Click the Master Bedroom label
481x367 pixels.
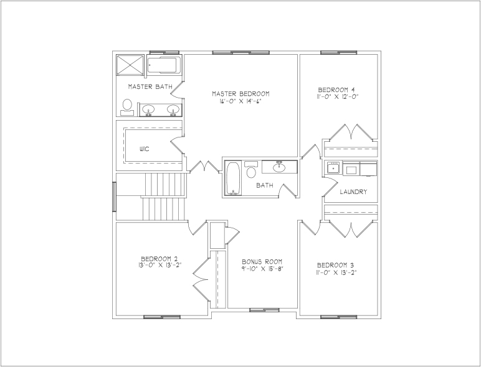point(240,93)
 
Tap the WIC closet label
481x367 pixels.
point(145,149)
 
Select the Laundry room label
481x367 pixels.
point(353,192)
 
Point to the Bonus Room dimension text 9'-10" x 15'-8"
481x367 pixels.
point(262,269)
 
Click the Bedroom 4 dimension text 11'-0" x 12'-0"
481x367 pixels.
point(338,96)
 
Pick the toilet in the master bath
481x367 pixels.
point(127,107)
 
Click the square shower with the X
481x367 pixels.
point(130,65)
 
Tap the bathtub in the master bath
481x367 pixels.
point(163,65)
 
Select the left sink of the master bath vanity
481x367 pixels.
point(148,110)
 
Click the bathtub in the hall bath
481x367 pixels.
point(233,179)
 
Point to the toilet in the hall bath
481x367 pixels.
point(251,169)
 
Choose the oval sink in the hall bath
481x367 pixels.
point(280,167)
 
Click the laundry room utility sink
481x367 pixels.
point(333,167)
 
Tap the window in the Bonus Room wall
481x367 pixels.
point(264,310)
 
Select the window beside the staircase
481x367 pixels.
point(115,197)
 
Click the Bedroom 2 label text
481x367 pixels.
point(159,258)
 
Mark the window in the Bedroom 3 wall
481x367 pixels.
point(339,317)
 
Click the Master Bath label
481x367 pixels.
point(150,86)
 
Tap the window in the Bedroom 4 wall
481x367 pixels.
point(339,53)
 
